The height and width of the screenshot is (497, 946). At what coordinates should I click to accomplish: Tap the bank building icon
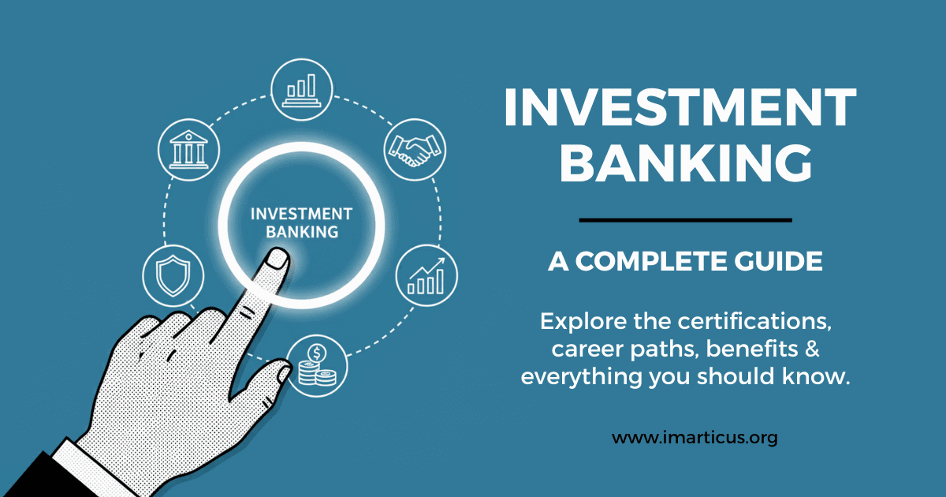tap(189, 147)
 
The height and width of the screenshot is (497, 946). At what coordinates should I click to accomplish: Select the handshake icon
tap(414, 147)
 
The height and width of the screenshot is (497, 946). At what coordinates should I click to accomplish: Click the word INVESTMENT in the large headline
tap(680, 108)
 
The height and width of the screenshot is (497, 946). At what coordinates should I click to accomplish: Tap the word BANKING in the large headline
tap(680, 164)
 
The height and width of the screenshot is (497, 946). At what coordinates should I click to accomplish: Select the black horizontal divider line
tap(685, 219)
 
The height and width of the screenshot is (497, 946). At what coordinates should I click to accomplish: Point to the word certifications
tap(747, 322)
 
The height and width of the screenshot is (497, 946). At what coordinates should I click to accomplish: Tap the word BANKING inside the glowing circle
tap(302, 232)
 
